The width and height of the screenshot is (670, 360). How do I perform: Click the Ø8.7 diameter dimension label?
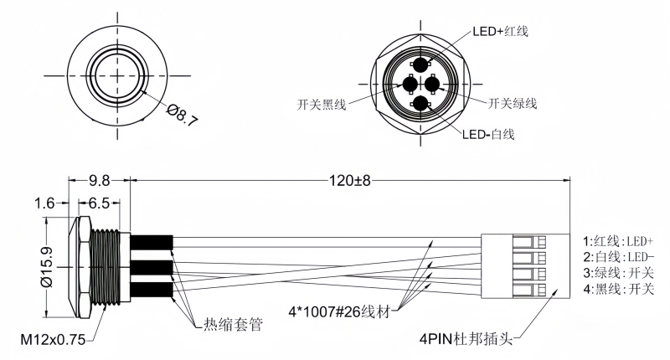[x=182, y=115]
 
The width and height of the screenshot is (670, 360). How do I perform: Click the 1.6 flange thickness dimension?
[x=46, y=202]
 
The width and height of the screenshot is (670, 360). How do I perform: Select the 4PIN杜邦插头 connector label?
[x=469, y=341]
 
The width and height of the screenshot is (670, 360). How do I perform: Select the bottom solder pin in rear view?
[x=420, y=104]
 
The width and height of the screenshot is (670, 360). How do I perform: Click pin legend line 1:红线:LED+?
[x=618, y=239]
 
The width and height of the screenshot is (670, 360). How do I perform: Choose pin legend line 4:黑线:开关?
[x=618, y=290]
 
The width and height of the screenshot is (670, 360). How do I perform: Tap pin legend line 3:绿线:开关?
[x=618, y=273]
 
